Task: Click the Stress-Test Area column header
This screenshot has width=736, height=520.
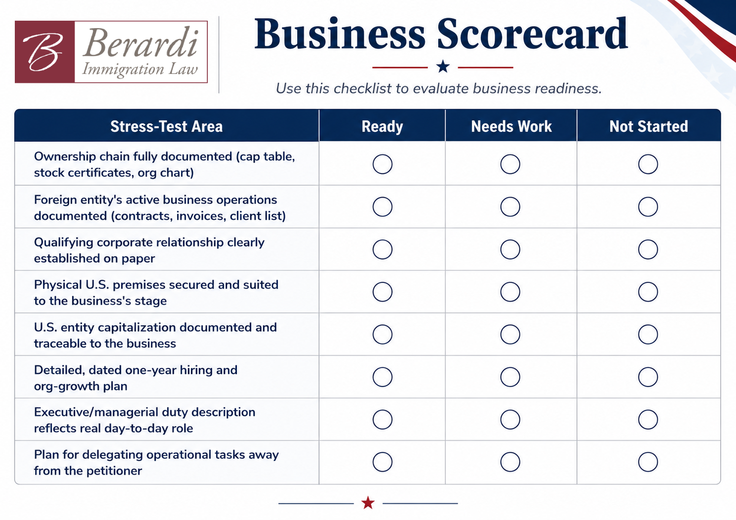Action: point(166,126)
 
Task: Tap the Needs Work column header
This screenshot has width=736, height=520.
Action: point(511,126)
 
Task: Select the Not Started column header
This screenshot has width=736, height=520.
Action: point(649,126)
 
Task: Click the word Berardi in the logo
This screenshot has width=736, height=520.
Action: point(141,43)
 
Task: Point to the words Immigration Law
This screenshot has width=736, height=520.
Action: point(140,69)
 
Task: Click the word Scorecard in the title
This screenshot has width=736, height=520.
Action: point(532,34)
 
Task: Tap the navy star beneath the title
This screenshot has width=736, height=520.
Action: point(443,67)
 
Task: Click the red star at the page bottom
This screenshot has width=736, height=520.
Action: point(368,502)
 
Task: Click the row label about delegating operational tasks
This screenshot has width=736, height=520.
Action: point(156,463)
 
